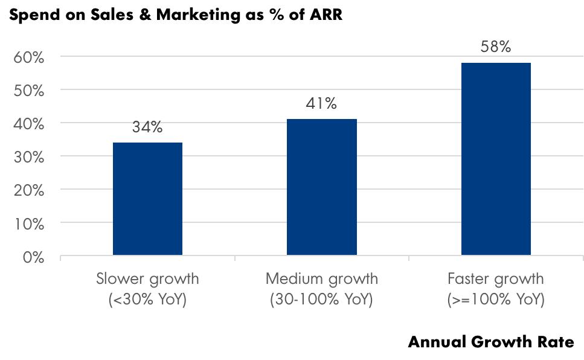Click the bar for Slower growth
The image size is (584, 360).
click(147, 199)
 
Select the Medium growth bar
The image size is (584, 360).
click(322, 187)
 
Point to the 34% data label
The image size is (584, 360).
click(147, 127)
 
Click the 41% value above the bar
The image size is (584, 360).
click(322, 104)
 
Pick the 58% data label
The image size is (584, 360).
click(496, 47)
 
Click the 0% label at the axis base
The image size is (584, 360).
click(33, 257)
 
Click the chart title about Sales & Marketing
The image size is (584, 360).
click(176, 15)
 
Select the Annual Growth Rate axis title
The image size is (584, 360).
click(491, 342)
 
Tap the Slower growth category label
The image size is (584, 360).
click(147, 279)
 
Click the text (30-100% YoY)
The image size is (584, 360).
click(322, 300)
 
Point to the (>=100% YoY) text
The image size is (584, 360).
click(496, 300)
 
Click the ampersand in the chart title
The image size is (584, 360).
click(145, 15)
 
